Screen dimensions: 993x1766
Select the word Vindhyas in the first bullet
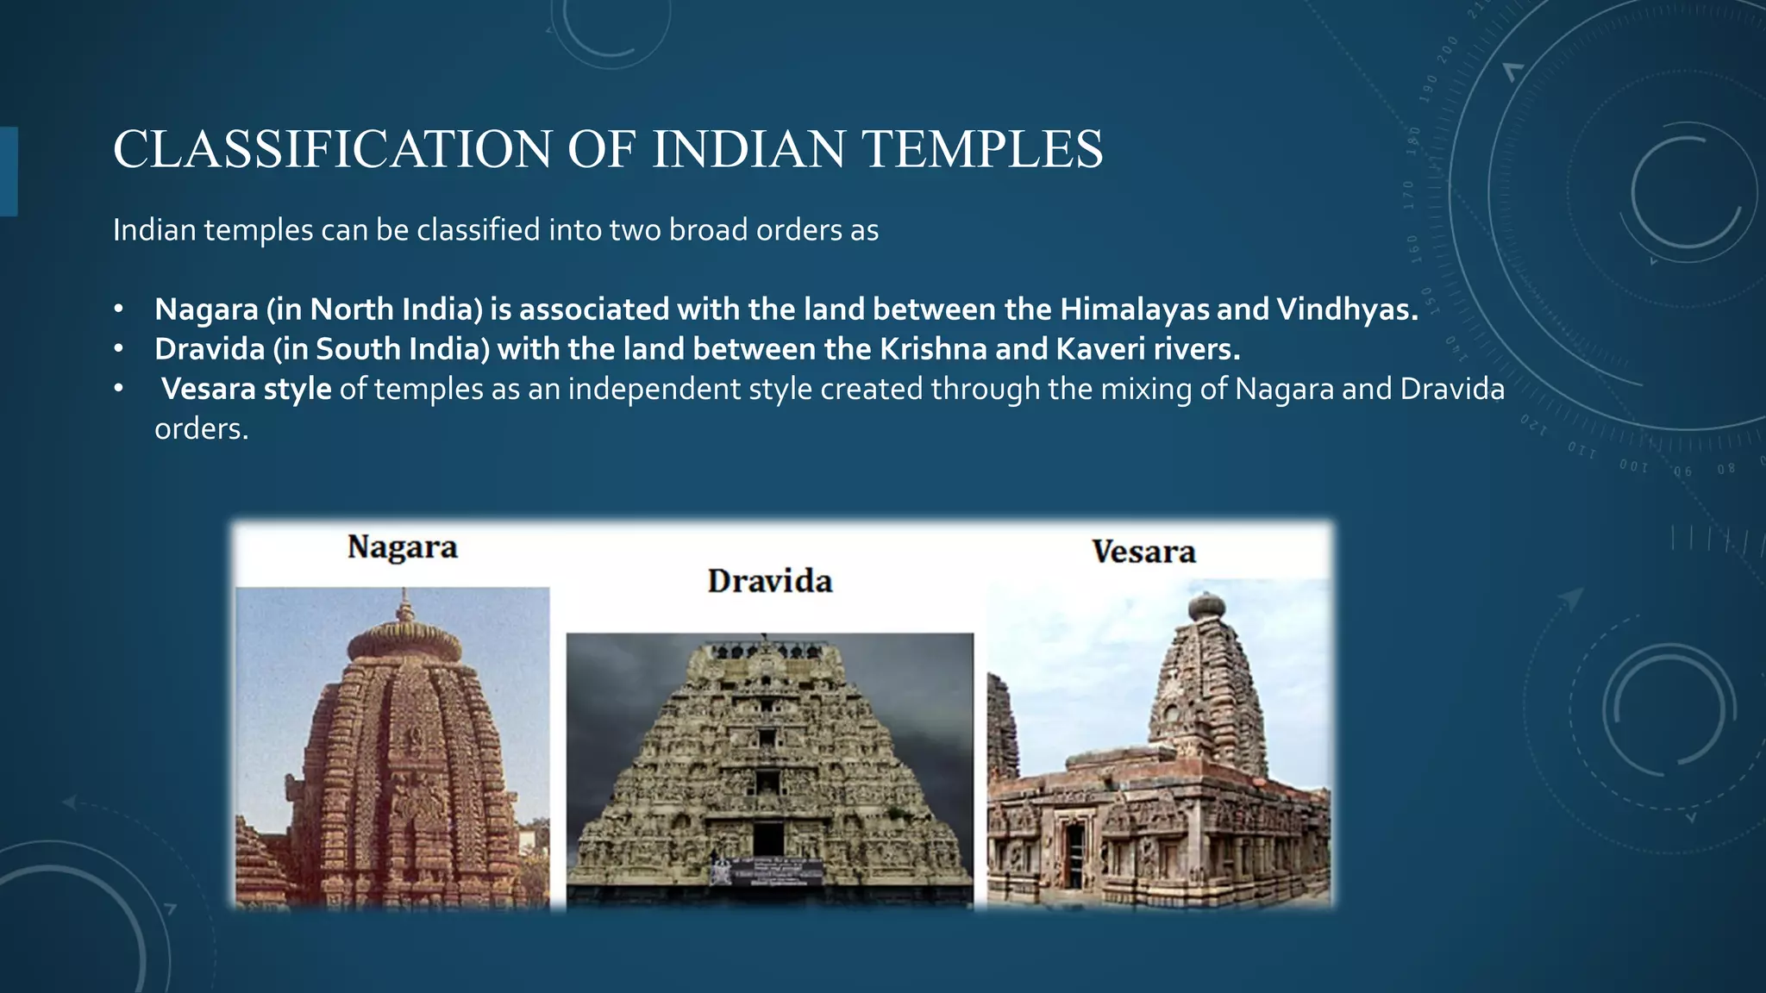pyautogui.click(x=1346, y=309)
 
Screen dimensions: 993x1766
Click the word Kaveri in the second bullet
pyautogui.click(x=1102, y=349)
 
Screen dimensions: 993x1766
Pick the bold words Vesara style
pyautogui.click(x=247, y=389)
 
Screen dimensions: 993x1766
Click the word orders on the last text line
pyautogui.click(x=201, y=428)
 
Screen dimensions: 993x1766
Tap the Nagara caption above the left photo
pyautogui.click(x=402, y=547)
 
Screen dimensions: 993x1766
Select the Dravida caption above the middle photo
pyautogui.click(x=770, y=581)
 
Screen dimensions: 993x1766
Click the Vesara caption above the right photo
pyautogui.click(x=1143, y=552)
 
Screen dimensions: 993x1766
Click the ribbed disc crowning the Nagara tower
pyautogui.click(x=404, y=642)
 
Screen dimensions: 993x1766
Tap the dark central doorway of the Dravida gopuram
pyautogui.click(x=767, y=839)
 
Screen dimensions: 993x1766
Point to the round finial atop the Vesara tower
pyautogui.click(x=1206, y=607)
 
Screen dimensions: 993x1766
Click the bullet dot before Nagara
pyautogui.click(x=119, y=309)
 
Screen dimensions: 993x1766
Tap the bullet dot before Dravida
pyautogui.click(x=119, y=349)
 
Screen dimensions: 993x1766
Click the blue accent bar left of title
pyautogui.click(x=8, y=171)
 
